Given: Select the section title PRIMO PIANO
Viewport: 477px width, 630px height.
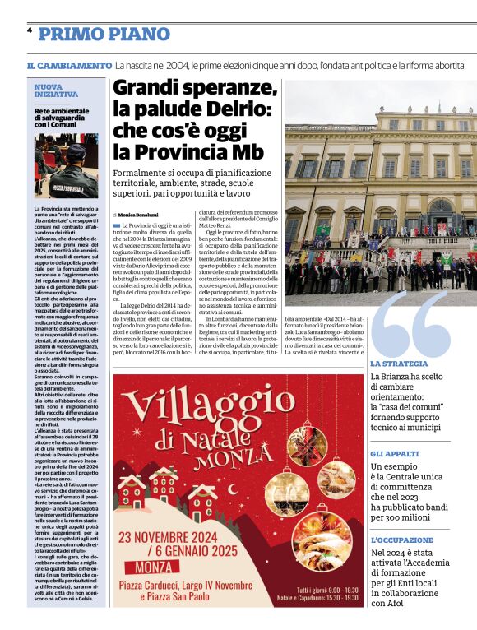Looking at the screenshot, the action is tap(104, 35).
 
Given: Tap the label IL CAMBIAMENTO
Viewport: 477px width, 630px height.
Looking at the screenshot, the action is tap(69, 65).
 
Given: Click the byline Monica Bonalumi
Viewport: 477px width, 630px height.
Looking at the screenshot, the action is tap(139, 215).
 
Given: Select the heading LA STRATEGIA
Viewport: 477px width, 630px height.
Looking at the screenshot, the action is tap(399, 364).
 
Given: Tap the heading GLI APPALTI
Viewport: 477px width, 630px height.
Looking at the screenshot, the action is tap(394, 454).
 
